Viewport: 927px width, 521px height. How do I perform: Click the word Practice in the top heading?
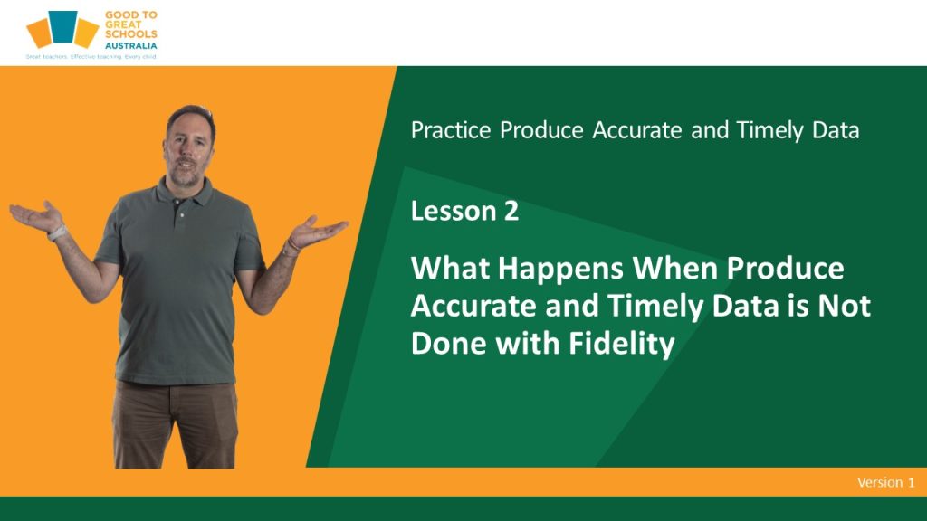point(451,130)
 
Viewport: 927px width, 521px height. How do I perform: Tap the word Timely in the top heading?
point(769,130)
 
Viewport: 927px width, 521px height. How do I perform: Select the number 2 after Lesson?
point(511,211)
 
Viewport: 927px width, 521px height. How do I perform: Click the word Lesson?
point(454,211)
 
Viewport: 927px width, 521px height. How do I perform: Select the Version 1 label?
point(885,482)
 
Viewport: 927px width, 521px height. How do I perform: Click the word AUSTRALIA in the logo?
point(130,45)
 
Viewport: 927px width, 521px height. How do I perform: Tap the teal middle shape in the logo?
point(63,26)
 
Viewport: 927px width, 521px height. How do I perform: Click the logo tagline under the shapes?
point(91,57)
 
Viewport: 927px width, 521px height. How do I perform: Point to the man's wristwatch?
point(57,232)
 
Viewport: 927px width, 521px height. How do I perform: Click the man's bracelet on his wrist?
point(291,244)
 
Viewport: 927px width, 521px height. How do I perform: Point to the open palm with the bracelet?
point(318,230)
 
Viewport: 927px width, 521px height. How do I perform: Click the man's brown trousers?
point(176,424)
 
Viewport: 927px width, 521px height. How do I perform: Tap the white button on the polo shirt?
point(182,215)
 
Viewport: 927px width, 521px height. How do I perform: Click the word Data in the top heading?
point(836,130)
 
